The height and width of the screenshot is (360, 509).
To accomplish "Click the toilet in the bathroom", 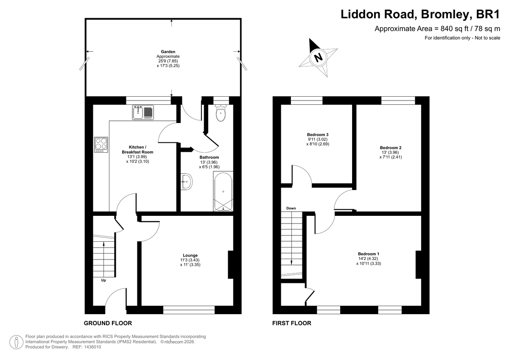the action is (221, 113).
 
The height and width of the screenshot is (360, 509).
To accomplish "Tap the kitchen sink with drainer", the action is (143, 112).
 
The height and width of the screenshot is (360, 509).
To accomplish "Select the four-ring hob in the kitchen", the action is (101, 145).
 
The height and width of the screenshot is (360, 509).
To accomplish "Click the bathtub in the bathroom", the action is (223, 191).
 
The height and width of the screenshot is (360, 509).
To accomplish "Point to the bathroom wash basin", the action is (187, 182).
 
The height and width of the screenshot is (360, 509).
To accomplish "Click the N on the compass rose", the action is (318, 57).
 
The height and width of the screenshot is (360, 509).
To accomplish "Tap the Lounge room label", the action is (190, 255).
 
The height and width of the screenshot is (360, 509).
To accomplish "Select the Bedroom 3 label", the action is (318, 134).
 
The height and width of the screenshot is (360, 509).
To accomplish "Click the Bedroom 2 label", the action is (391, 148).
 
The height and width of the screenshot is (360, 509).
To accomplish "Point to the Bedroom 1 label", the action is (369, 254).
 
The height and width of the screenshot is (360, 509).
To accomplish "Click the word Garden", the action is (168, 52).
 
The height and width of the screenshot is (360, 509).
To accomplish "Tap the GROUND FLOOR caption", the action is (108, 323).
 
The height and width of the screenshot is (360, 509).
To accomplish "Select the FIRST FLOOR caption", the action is (292, 323).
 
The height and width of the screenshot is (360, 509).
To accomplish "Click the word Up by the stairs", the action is (103, 280).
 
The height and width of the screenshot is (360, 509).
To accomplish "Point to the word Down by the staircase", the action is (291, 208).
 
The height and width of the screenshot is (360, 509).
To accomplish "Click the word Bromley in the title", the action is (445, 14).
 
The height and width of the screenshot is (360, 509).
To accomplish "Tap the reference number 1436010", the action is (92, 347).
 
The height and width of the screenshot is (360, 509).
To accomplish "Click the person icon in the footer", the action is (16, 342).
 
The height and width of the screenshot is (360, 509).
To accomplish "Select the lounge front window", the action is (189, 310).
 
